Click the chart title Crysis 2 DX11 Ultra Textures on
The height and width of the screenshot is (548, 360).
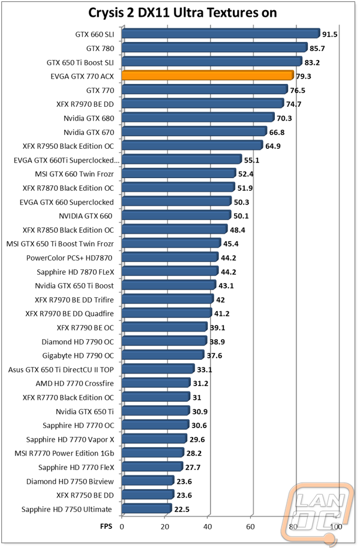pyautogui.click(x=182, y=13)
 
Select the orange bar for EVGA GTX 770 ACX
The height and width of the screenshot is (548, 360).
pyautogui.click(x=208, y=76)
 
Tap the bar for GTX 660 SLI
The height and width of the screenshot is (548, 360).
pyautogui.click(x=221, y=34)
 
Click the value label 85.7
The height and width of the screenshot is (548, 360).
pyautogui.click(x=317, y=49)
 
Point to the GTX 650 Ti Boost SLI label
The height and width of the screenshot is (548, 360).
pyautogui.click(x=80, y=62)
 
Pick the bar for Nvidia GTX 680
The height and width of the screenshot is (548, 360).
pyautogui.click(x=198, y=118)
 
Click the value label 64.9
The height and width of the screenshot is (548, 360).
pyautogui.click(x=273, y=146)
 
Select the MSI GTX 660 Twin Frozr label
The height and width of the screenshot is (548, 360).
pyautogui.click(x=74, y=174)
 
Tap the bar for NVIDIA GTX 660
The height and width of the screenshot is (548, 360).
pyautogui.click(x=176, y=216)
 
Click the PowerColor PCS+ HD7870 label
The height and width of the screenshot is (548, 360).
pyautogui.click(x=69, y=258)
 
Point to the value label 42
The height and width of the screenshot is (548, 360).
pyautogui.click(x=220, y=300)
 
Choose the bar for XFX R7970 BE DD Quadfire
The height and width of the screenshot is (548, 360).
pyautogui.click(x=167, y=314)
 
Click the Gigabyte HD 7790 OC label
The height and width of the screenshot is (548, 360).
pyautogui.click(x=78, y=356)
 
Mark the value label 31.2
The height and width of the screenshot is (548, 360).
pyautogui.click(x=200, y=383)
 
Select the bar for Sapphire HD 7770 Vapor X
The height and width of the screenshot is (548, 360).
pyautogui.click(x=154, y=439)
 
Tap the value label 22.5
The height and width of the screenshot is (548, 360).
pyautogui.click(x=182, y=509)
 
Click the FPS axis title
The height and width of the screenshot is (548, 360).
pyautogui.click(x=106, y=526)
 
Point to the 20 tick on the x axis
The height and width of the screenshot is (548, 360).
pyautogui.click(x=164, y=526)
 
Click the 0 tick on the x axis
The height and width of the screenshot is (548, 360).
pyautogui.click(x=122, y=526)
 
